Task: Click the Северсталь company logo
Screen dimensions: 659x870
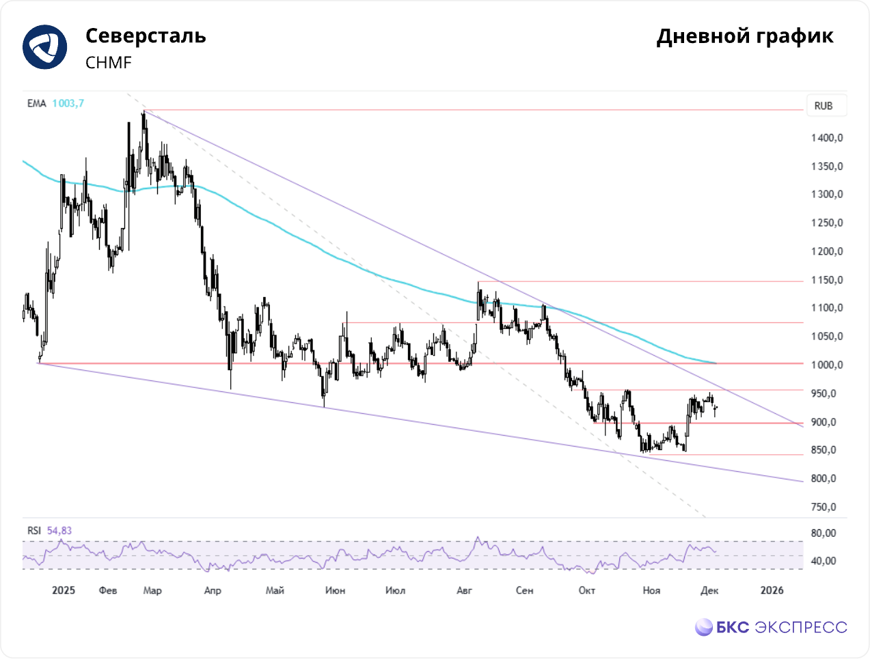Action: point(45,47)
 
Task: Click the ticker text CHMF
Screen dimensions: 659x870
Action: point(109,63)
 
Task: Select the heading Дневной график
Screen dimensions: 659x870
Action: point(745,36)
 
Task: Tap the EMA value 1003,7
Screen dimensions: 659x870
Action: point(68,104)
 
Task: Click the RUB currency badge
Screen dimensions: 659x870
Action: point(824,106)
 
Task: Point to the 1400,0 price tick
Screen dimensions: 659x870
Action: point(827,138)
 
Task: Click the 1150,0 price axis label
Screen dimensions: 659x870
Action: point(827,280)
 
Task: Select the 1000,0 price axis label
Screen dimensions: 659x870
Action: point(827,365)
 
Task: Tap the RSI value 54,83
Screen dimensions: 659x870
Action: point(59,531)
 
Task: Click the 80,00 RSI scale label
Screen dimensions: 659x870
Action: point(824,533)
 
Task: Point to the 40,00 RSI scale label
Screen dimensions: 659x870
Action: point(824,561)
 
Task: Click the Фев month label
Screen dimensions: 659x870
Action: point(108,590)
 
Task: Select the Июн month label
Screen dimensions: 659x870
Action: point(335,590)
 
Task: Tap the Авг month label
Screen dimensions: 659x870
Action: point(464,590)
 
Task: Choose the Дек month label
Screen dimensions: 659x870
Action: point(709,590)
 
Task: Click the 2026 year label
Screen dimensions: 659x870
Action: point(772,590)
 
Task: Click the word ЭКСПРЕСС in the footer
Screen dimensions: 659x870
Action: point(801,627)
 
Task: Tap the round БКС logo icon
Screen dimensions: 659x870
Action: point(704,627)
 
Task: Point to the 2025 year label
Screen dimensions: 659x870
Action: point(64,590)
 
